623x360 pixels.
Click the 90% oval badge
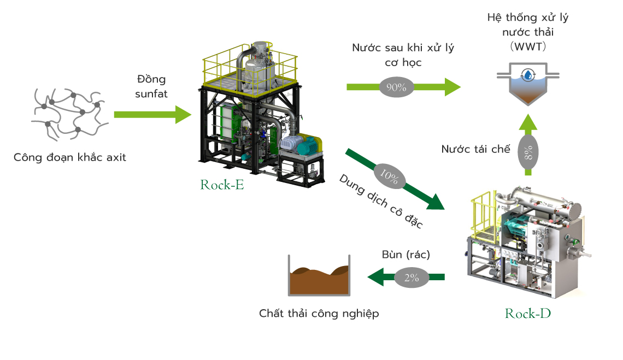tap(396, 87)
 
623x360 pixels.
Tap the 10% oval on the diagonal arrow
tap(389, 176)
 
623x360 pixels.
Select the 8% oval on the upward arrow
tap(528, 153)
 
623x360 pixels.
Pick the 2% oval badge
tap(412, 278)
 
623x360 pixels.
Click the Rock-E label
tap(222, 185)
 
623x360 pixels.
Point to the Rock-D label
tap(528, 314)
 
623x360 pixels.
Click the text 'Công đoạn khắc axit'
tap(69, 157)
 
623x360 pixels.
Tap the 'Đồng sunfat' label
tap(151, 86)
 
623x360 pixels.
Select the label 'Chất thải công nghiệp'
tap(319, 314)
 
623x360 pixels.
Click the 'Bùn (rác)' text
tap(405, 255)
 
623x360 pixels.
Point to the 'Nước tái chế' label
tap(475, 149)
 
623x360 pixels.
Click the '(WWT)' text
tap(528, 46)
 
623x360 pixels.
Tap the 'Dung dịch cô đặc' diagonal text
tap(381, 201)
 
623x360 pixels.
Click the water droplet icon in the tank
tap(528, 75)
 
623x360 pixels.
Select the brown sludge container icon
tap(319, 275)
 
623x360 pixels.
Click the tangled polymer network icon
tap(69, 114)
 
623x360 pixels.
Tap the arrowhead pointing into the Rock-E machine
tap(184, 114)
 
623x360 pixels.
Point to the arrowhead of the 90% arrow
tap(452, 87)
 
